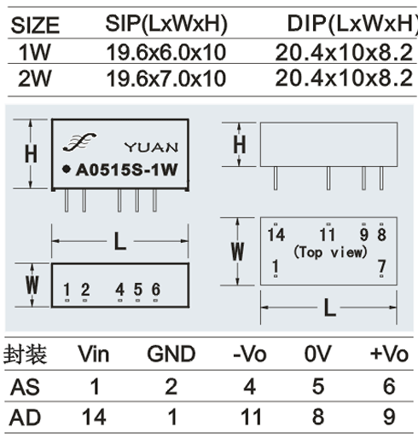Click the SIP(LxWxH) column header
166,24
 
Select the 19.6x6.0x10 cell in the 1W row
166,53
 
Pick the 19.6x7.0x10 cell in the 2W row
166,78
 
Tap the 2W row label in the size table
35,78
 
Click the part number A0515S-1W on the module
126,170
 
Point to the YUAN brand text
152,147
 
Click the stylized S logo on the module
79,141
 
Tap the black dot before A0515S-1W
67,170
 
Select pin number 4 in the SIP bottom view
119,290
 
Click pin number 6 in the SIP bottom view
156,290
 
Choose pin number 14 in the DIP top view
276,235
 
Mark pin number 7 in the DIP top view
381,267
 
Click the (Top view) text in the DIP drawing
330,252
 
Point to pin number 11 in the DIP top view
328,235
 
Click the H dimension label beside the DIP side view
240,144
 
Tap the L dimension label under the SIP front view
119,241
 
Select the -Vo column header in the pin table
250,354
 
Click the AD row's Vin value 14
94,417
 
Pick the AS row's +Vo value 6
389,386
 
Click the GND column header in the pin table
171,354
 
